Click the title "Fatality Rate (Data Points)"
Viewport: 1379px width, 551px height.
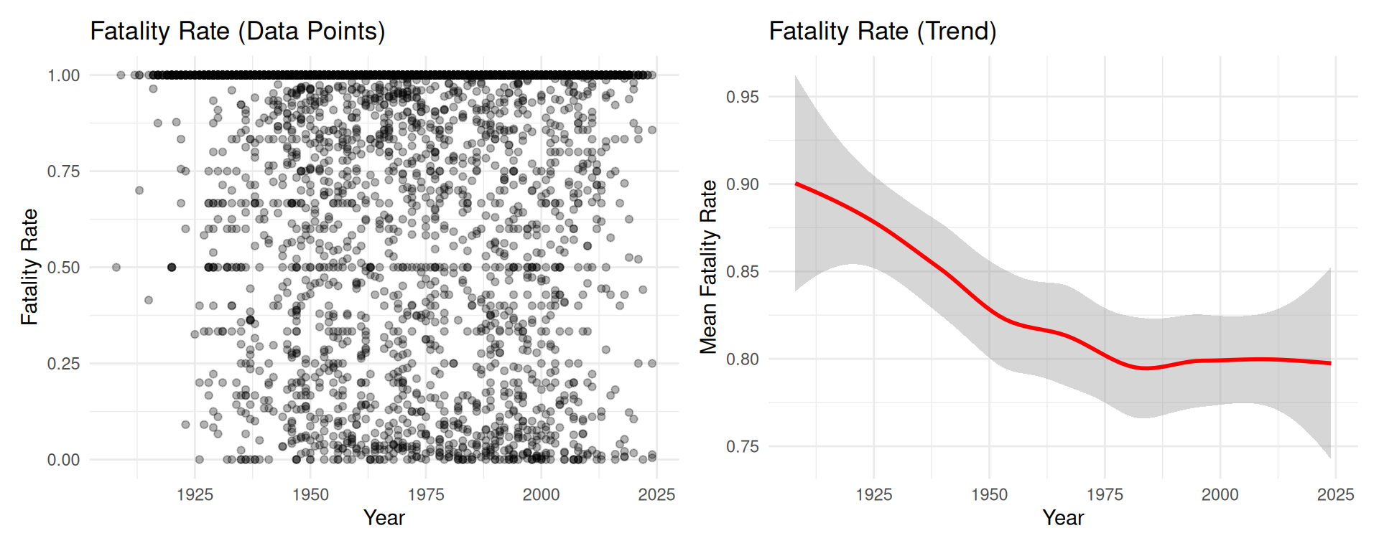tap(238, 32)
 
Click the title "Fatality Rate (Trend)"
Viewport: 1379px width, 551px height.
tap(883, 32)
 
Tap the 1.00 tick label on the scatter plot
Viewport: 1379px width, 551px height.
tap(63, 76)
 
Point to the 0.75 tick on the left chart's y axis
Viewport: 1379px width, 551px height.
tap(63, 171)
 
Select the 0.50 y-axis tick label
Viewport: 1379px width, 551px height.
tap(63, 268)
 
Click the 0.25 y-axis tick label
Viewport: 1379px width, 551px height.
tap(63, 364)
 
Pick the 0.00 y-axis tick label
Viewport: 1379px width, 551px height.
tap(63, 460)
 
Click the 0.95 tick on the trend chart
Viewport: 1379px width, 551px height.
tap(742, 97)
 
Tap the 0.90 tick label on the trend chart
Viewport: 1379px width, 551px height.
tap(742, 184)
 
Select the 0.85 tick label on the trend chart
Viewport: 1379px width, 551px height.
tap(742, 272)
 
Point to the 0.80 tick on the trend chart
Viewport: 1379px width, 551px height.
tap(742, 359)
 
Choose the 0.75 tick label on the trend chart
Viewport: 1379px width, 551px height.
tap(742, 447)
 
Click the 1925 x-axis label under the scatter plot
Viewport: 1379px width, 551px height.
tap(195, 494)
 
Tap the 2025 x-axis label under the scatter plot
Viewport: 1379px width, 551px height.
tap(656, 494)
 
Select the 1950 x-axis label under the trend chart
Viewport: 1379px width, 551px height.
tap(989, 494)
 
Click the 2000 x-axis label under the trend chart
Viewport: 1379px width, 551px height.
tap(1220, 494)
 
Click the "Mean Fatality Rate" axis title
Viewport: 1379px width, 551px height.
tap(709, 267)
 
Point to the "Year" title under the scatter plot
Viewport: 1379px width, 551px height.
tap(384, 518)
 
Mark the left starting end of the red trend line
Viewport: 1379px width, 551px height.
tap(797, 184)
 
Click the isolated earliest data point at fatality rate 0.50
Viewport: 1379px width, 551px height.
tap(116, 268)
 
